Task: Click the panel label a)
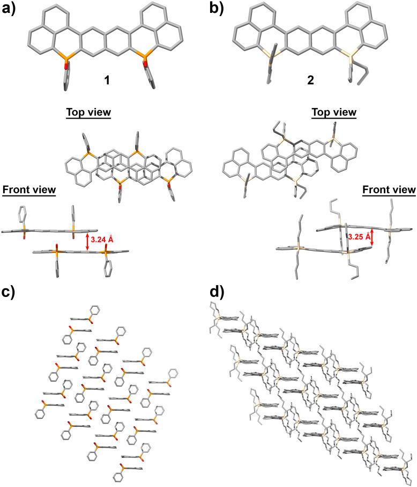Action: [11, 11]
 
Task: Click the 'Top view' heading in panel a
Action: [88, 113]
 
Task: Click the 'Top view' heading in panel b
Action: [333, 113]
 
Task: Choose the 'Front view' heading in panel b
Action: [389, 190]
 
